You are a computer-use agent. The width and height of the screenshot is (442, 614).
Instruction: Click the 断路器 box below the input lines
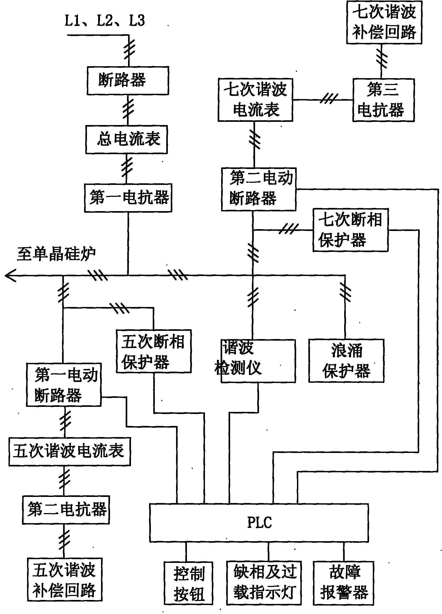[128, 81]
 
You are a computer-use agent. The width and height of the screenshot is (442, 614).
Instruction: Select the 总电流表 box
[126, 139]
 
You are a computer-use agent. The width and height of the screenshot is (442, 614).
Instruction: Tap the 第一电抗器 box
[128, 198]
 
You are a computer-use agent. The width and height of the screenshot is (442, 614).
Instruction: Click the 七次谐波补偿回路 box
[384, 22]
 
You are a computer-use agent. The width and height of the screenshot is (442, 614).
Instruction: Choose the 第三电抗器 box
[383, 100]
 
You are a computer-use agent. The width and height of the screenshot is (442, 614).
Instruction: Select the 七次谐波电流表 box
[255, 100]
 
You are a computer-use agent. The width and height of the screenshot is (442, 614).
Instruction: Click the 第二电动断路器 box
[259, 189]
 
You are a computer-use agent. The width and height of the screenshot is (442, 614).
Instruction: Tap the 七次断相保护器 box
[350, 230]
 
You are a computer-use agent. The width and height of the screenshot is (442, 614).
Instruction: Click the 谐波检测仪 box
[258, 361]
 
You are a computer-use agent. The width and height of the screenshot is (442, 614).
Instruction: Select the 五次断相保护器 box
[154, 351]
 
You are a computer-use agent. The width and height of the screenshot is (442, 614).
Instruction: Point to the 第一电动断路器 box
[64, 385]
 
